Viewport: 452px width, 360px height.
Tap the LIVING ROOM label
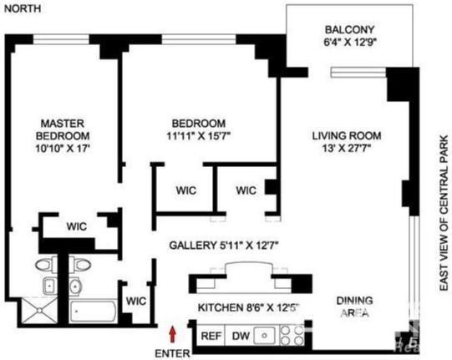point(347,135)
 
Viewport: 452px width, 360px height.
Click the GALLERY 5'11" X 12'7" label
point(223,246)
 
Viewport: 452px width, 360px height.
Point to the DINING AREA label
point(354,307)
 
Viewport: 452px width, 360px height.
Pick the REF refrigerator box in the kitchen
point(211,337)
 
